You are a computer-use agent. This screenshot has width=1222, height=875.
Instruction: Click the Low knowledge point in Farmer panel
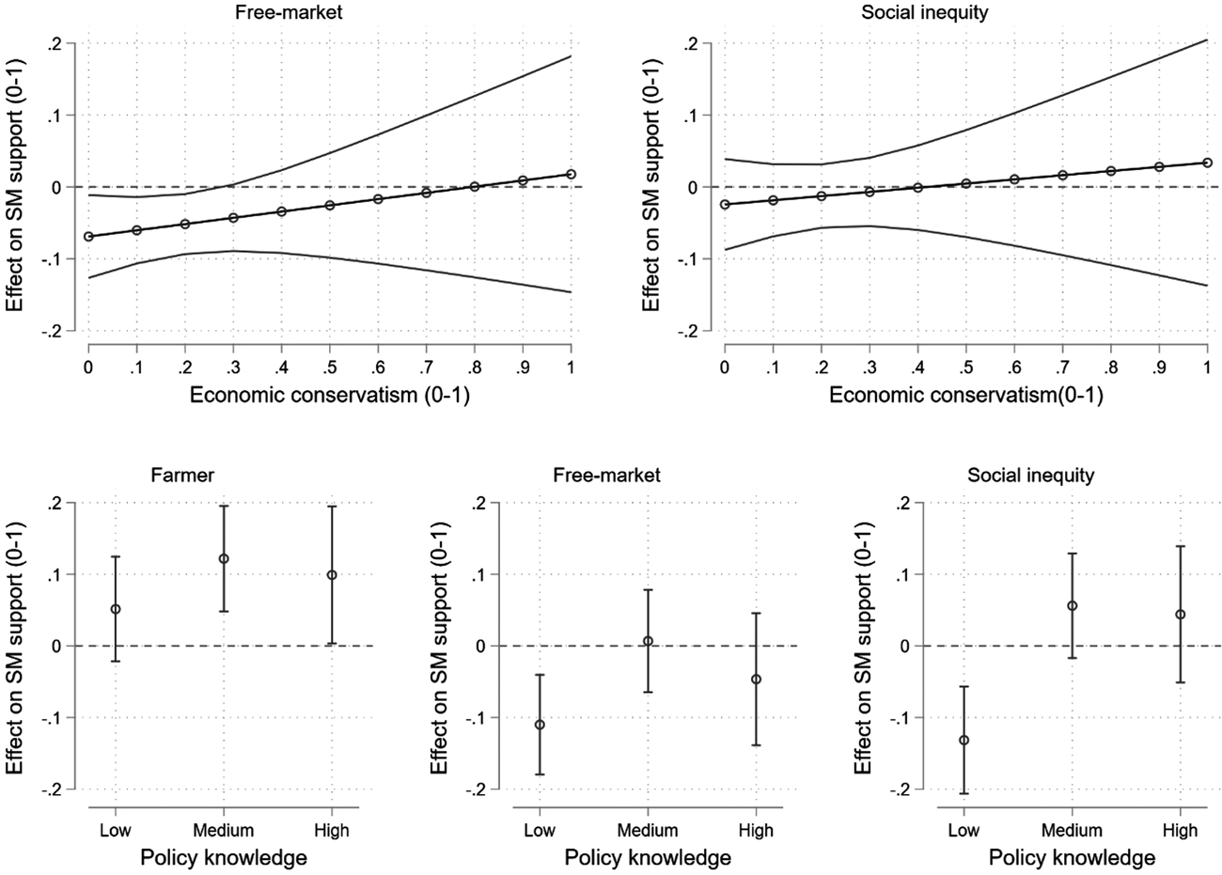click(116, 609)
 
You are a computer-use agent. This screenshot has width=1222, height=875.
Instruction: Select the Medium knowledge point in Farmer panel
click(224, 559)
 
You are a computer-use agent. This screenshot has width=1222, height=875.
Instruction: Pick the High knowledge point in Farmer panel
click(332, 575)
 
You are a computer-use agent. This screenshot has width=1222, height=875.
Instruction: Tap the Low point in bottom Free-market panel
click(540, 725)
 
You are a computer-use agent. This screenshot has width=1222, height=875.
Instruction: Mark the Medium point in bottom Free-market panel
click(648, 641)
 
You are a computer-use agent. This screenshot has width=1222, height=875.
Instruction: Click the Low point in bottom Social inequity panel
click(964, 740)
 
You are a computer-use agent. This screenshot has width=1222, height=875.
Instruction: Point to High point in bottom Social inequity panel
click(1180, 615)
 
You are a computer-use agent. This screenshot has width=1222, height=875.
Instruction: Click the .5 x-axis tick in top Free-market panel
click(330, 365)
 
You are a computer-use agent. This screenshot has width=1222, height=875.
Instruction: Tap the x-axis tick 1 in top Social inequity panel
click(1207, 365)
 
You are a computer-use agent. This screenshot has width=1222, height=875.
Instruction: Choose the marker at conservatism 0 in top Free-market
click(88, 237)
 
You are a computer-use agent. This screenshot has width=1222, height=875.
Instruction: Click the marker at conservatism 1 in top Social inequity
click(1207, 163)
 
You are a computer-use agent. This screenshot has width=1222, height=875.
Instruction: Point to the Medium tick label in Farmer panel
click(224, 830)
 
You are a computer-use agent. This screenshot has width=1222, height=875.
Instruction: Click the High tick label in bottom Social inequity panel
click(1180, 830)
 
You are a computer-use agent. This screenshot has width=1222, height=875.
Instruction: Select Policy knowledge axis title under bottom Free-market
click(648, 858)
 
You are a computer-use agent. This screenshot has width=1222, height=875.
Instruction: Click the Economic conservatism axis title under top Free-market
click(330, 396)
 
